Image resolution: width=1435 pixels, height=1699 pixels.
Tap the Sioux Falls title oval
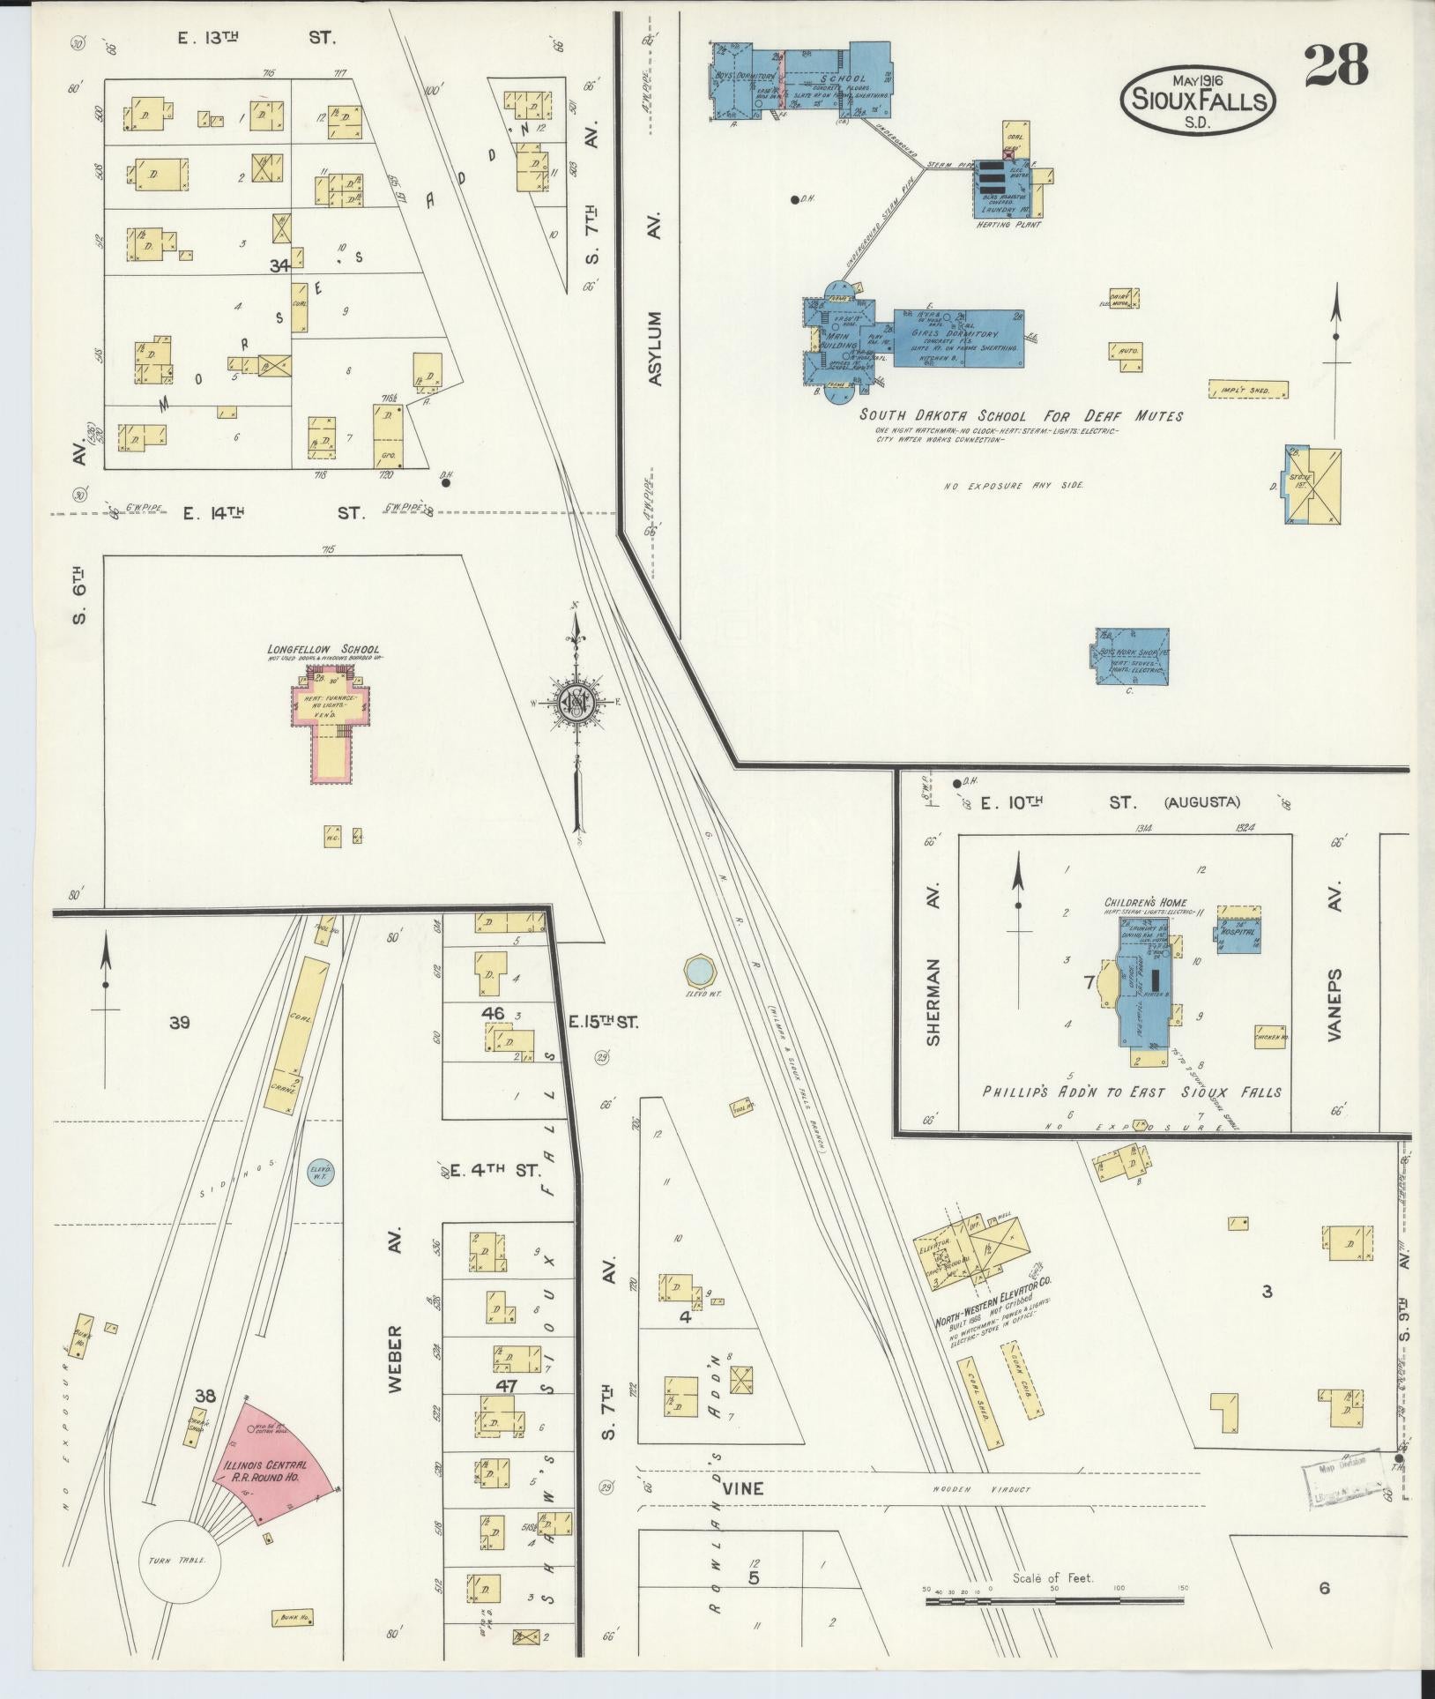click(x=1197, y=100)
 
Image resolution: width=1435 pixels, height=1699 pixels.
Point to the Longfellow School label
click(x=323, y=650)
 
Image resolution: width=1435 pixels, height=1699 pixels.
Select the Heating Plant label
click(x=1008, y=225)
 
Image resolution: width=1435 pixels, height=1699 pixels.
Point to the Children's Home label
click(x=1145, y=903)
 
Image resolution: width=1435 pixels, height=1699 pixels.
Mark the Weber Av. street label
click(x=394, y=1363)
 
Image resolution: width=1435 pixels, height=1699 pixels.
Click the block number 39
click(x=180, y=1023)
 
